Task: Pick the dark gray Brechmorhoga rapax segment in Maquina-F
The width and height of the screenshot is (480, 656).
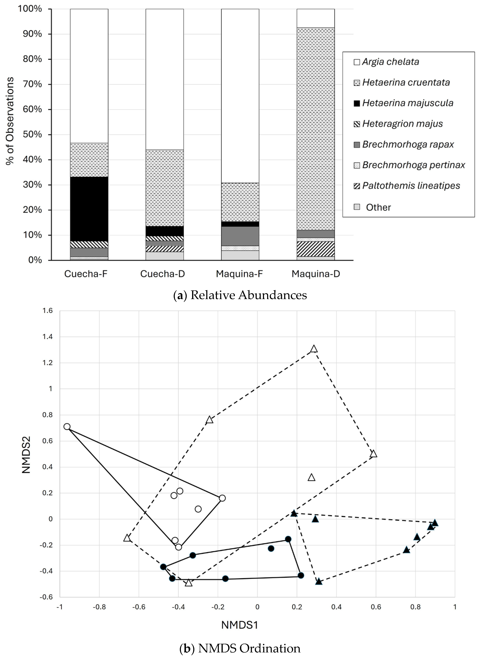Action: pyautogui.click(x=240, y=236)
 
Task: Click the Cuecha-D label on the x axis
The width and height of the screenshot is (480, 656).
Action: pyautogui.click(x=162, y=274)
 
